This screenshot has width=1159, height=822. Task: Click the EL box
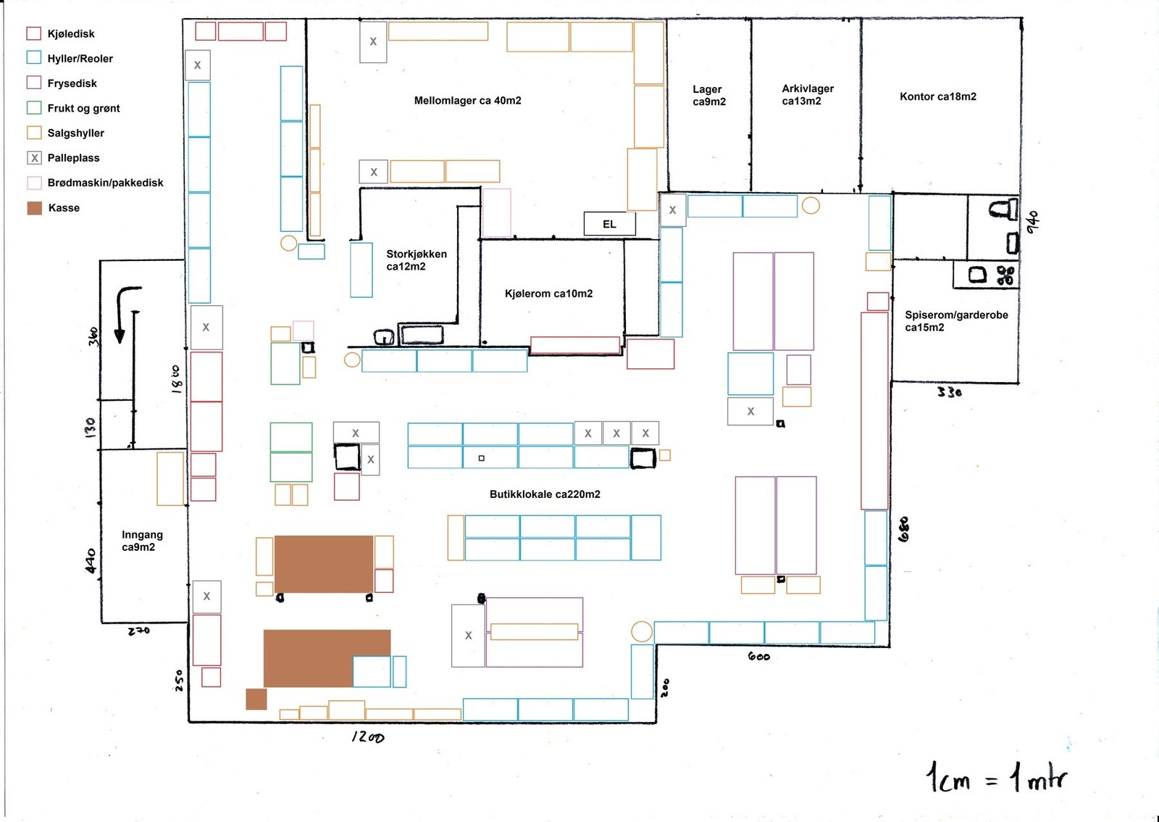[609, 223]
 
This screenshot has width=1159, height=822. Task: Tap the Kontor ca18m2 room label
[937, 96]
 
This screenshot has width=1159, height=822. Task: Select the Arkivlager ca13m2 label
[807, 95]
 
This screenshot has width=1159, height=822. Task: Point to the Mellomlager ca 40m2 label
[467, 101]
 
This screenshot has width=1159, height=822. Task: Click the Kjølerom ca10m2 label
[548, 294]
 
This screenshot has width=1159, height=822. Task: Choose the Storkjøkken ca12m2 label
[416, 260]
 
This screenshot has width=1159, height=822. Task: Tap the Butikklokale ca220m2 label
[545, 494]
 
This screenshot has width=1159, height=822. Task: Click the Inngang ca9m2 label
[142, 541]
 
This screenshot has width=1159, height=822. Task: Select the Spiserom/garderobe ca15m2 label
[956, 321]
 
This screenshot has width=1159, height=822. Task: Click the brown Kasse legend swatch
[35, 208]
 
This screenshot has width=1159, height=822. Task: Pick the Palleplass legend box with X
[34, 158]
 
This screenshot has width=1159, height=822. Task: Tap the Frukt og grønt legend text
[83, 108]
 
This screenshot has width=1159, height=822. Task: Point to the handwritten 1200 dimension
[368, 736]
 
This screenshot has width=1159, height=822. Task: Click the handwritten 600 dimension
[759, 656]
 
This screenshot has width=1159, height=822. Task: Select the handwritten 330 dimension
[950, 392]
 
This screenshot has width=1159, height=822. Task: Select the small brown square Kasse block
[256, 699]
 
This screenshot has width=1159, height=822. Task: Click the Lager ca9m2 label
[709, 95]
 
